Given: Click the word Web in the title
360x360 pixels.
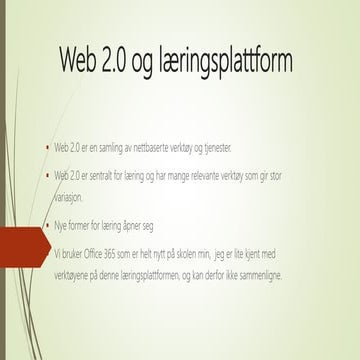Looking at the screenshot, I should pos(81,62).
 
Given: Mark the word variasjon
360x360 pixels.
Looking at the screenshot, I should pos(85,198).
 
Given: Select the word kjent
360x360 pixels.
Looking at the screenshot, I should pos(279,253).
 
